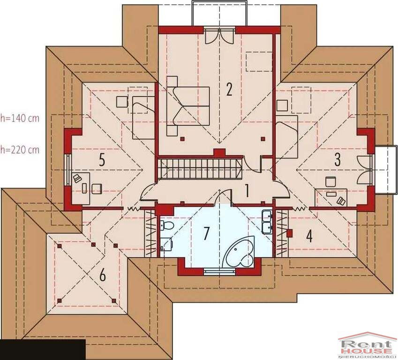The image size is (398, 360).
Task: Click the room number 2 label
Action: point(229,89)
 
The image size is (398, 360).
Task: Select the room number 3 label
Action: point(338,159)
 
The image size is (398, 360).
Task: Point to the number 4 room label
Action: point(309,236)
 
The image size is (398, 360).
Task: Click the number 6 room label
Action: point(102,275)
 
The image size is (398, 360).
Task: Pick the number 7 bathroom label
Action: point(207,233)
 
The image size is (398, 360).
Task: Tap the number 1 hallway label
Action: point(246,191)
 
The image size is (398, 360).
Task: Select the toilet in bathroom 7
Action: point(166,225)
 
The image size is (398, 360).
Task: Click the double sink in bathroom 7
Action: point(267,221)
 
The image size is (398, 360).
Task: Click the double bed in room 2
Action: point(188,106)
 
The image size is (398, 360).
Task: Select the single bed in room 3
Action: point(286,136)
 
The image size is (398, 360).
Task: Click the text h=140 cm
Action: point(20,118)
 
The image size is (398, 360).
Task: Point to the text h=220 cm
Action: point(20,150)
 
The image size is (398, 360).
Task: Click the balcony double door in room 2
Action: point(219,36)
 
